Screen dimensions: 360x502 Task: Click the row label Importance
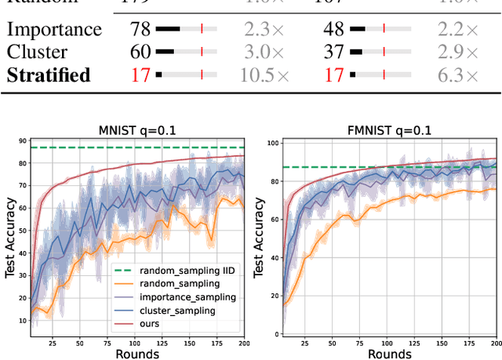[x=54, y=30]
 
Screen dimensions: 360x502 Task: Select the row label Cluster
[x=37, y=53]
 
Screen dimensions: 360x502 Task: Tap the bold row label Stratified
[x=49, y=75]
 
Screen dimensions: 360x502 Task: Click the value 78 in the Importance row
[x=141, y=30]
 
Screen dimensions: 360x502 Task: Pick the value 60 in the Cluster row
[x=141, y=53]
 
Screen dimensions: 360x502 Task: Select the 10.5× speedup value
[x=266, y=75]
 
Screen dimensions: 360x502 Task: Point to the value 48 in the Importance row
[x=333, y=30]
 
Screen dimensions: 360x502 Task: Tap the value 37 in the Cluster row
[x=333, y=53]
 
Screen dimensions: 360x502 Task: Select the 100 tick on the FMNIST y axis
[x=272, y=143]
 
